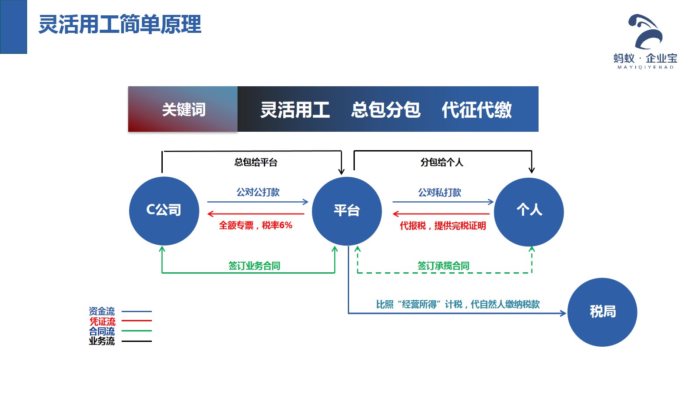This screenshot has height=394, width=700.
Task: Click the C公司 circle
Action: point(164,211)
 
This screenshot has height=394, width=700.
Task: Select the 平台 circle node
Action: point(347,211)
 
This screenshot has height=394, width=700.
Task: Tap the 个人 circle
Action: point(529,211)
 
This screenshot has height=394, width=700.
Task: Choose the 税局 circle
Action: point(602,312)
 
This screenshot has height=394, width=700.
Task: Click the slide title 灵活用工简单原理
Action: point(120,25)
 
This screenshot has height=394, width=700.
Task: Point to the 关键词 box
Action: point(183,109)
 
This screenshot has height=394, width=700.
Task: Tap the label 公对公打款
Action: point(258,192)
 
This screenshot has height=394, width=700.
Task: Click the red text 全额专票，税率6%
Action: point(255,225)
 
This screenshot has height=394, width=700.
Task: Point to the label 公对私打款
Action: point(440,193)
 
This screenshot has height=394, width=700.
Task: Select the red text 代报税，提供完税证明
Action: point(443,226)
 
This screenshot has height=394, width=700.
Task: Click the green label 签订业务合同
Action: point(254,266)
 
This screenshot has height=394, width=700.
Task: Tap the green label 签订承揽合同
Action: point(443,266)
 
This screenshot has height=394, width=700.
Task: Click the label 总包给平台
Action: point(256,162)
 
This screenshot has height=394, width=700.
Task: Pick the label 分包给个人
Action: point(441,162)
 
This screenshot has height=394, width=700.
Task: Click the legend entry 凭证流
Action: point(102,321)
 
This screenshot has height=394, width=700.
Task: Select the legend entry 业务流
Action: point(102,341)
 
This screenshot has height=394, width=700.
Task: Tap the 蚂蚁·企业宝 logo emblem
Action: point(646,32)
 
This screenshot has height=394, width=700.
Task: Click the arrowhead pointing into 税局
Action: point(563,313)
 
